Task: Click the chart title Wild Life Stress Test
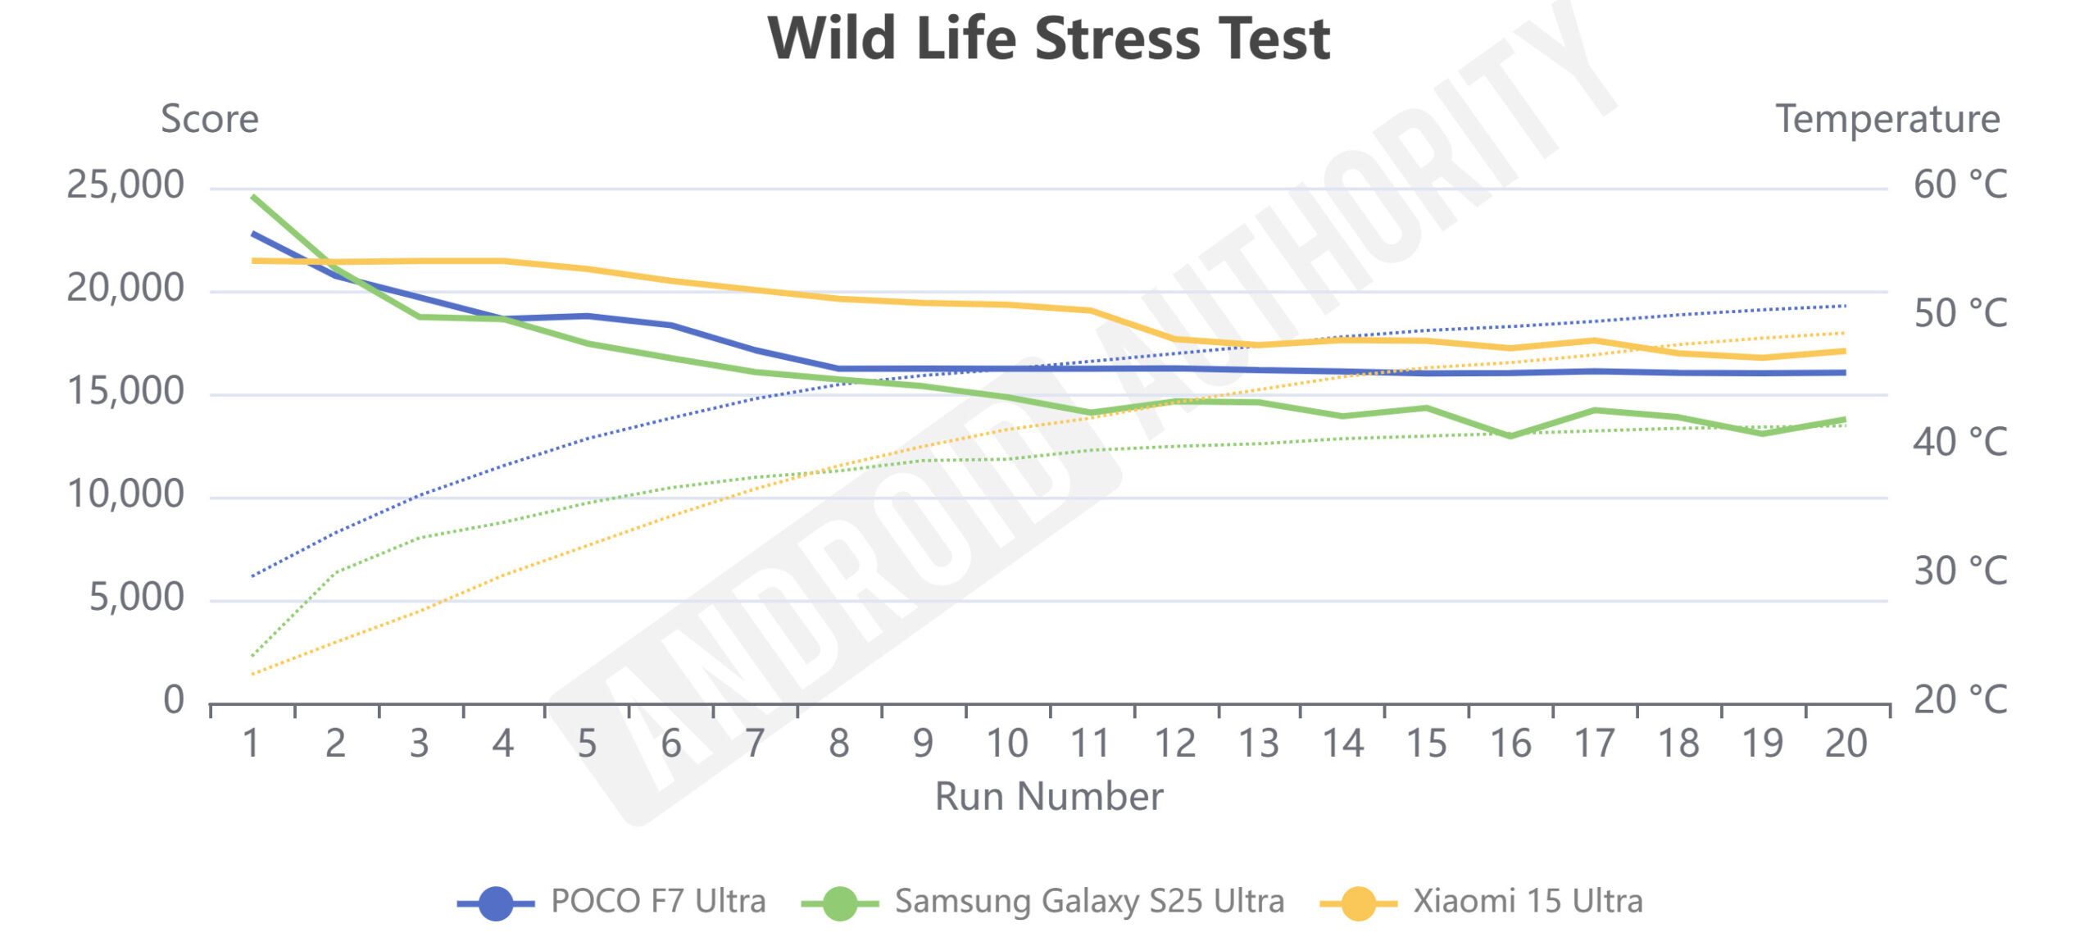pos(1049,39)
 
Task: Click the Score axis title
pos(210,120)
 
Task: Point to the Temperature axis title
pos(1887,120)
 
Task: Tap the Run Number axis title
pos(1049,796)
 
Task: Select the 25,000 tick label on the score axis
pos(125,185)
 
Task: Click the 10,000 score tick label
pos(125,494)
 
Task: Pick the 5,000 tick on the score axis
pos(136,598)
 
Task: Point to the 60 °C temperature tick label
pos(1960,185)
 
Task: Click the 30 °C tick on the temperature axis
pos(1960,571)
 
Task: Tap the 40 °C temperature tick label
pos(1960,443)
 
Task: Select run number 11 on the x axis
pos(1090,744)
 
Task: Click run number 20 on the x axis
pos(1846,744)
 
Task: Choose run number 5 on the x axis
pos(587,744)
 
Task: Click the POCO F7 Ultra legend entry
pos(611,902)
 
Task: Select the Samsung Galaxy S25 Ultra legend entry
pos(1042,902)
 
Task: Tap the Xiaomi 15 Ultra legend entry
pos(1482,902)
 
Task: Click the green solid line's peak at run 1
pos(253,197)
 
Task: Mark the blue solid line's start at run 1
pos(253,234)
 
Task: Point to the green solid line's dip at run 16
pos(1510,436)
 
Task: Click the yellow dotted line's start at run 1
pos(253,674)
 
